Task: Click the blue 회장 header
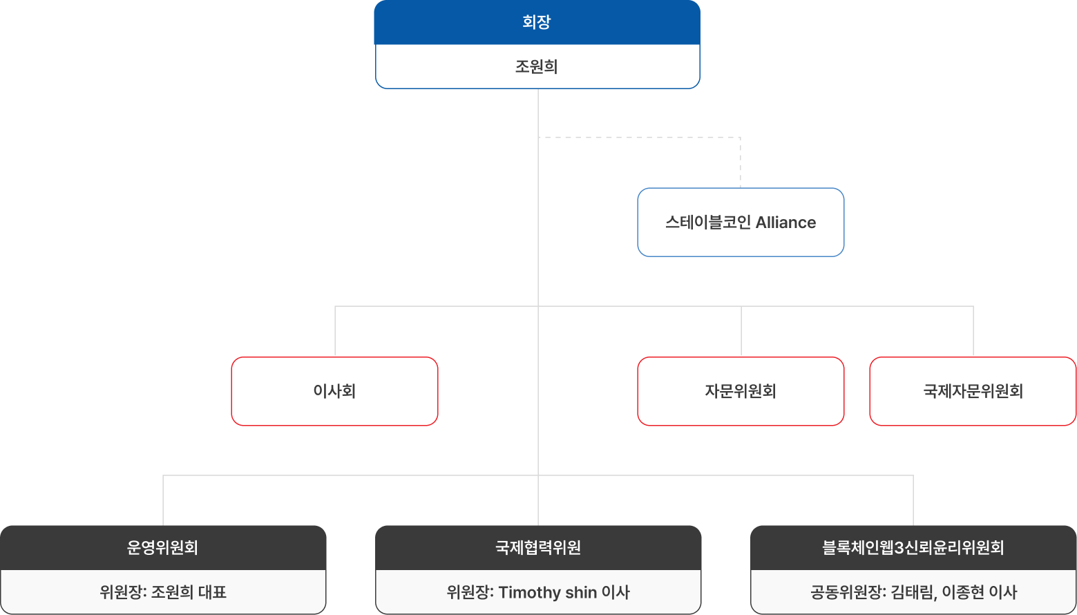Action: click(x=537, y=22)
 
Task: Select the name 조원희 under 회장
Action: click(x=537, y=67)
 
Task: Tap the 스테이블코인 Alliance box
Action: click(x=741, y=223)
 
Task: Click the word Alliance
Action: click(x=785, y=223)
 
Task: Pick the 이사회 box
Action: click(x=334, y=391)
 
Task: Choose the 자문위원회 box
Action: click(x=741, y=391)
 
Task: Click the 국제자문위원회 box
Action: click(x=973, y=391)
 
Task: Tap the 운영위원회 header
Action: click(x=163, y=548)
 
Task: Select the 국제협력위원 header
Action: click(x=538, y=548)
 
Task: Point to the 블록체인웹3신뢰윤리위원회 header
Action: click(x=913, y=548)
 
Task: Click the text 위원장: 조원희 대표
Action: click(x=163, y=592)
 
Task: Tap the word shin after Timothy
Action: click(x=581, y=592)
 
